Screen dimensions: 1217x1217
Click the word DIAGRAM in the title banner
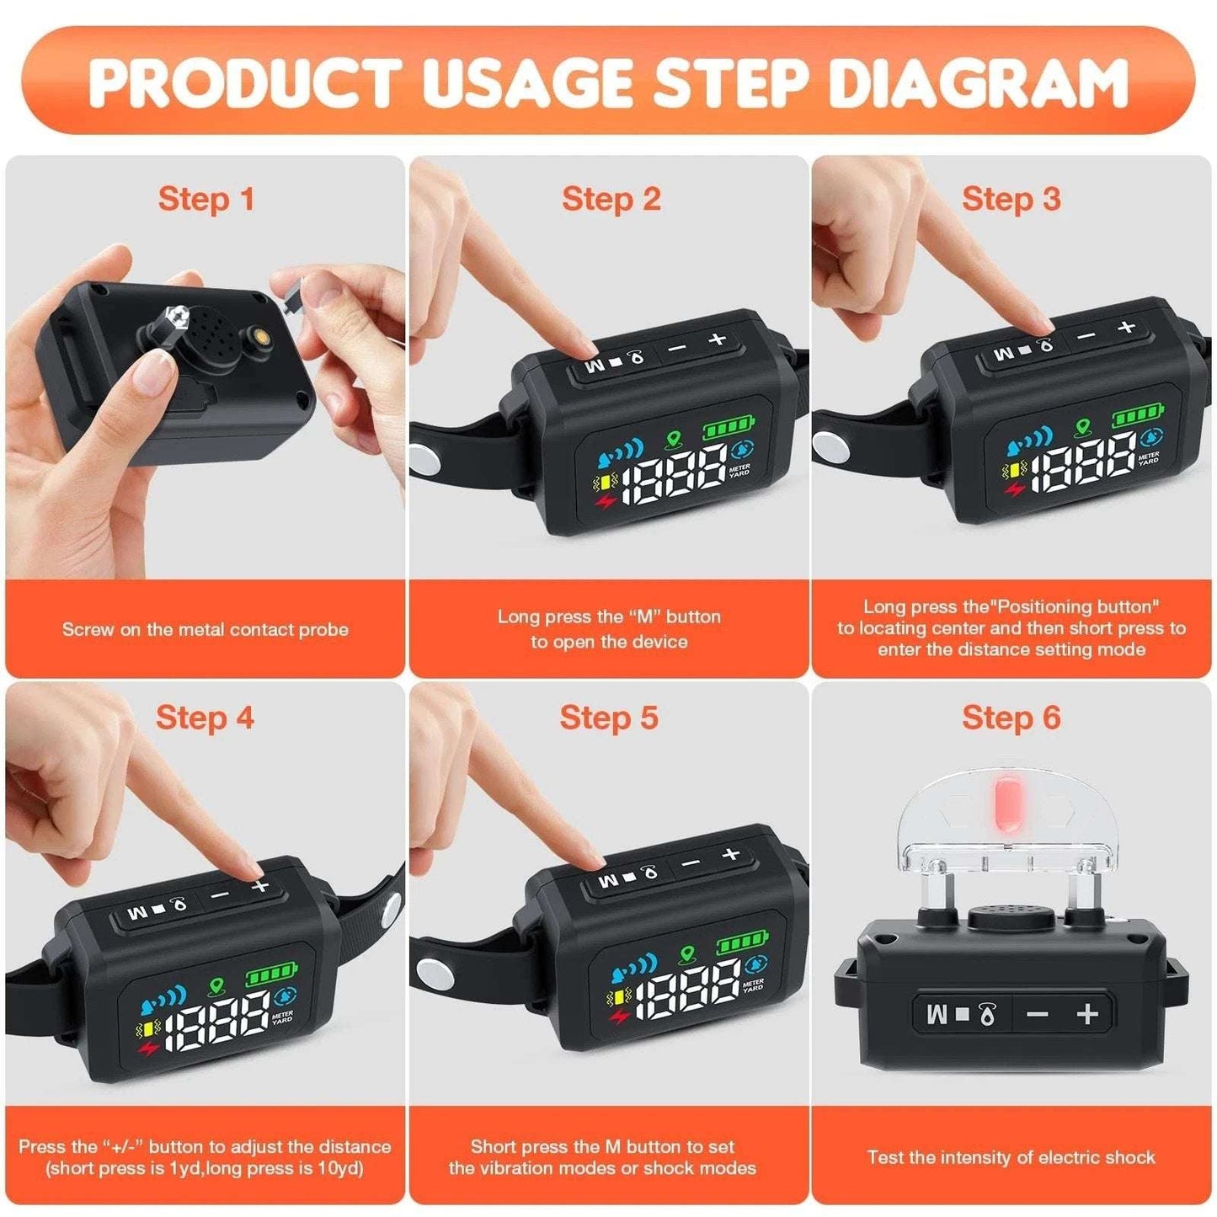tap(977, 82)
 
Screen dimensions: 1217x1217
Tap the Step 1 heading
tap(206, 200)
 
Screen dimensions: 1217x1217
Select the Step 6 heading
tap(1011, 718)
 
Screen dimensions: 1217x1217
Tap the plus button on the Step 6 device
tap(1087, 1013)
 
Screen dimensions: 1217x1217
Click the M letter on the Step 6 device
tap(937, 1014)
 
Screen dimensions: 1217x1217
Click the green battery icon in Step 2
tap(729, 430)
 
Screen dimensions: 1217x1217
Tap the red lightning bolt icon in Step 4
tap(148, 1049)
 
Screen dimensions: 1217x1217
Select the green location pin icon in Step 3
tap(1082, 428)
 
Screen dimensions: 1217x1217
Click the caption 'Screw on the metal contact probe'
tap(205, 629)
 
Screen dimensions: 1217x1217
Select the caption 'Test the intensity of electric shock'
tap(1011, 1156)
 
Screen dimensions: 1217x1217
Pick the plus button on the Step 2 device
tap(717, 339)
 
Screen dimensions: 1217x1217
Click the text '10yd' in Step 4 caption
tap(344, 1168)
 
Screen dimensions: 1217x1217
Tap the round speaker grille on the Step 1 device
tap(205, 330)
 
